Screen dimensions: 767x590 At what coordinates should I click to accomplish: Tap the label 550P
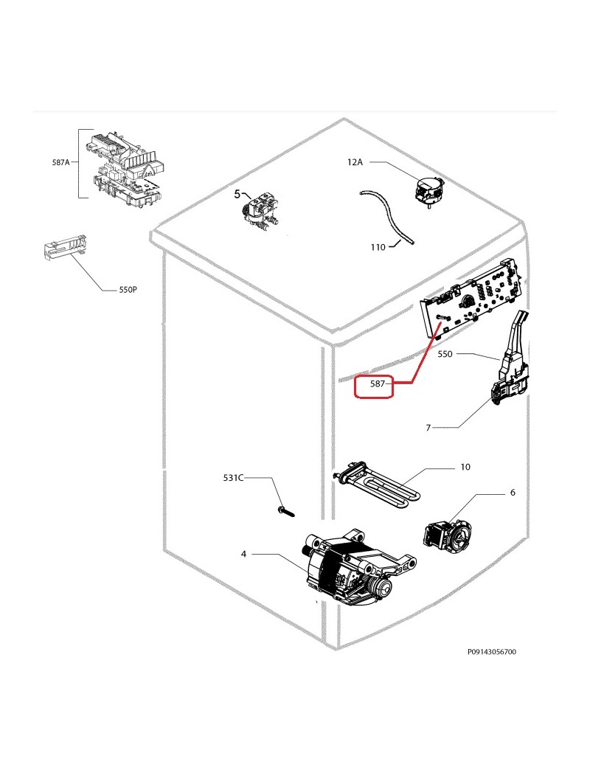tap(128, 291)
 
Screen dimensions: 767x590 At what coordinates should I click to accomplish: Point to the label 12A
tap(355, 162)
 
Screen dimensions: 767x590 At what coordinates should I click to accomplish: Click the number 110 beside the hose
tap(378, 248)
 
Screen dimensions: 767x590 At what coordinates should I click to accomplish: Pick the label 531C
tap(232, 478)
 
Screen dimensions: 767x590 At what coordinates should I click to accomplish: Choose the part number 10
tap(465, 467)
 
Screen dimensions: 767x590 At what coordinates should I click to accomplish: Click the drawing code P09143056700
tap(491, 652)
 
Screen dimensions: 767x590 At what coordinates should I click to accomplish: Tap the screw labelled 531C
tap(285, 510)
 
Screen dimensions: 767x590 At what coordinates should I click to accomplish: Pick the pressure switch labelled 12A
tap(428, 190)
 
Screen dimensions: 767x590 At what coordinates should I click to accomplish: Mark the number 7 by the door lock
tap(427, 427)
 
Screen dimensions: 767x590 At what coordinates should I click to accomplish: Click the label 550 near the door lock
tap(445, 354)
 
